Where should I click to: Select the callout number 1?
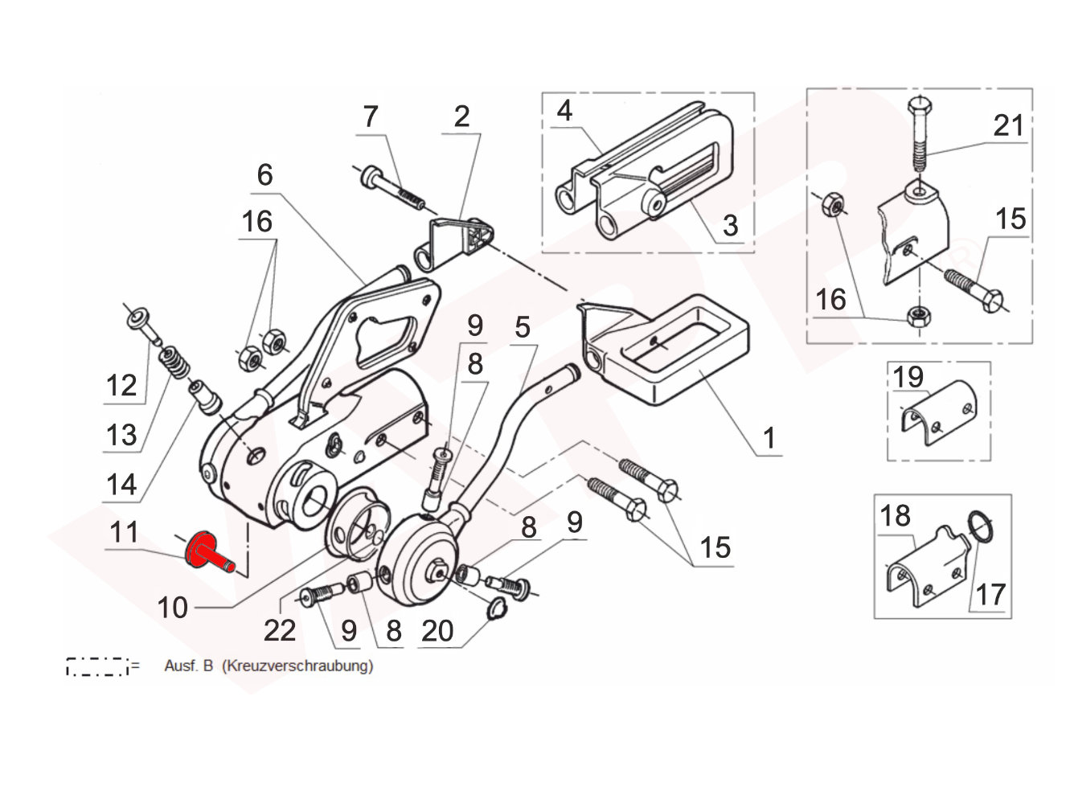(x=769, y=438)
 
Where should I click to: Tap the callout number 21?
(x=1009, y=125)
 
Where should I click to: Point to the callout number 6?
(x=265, y=174)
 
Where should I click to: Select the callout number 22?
(x=280, y=631)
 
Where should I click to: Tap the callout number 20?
(x=438, y=631)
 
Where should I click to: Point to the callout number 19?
(x=908, y=376)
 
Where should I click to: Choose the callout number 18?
(x=895, y=515)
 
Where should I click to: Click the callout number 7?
(x=370, y=117)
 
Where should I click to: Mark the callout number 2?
(x=461, y=117)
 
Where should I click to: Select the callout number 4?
(x=564, y=110)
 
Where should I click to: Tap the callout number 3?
(x=729, y=225)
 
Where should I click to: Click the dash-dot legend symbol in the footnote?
(x=98, y=666)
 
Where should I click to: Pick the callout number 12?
(x=122, y=386)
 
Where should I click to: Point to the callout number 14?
(x=121, y=485)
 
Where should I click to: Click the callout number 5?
(x=523, y=327)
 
